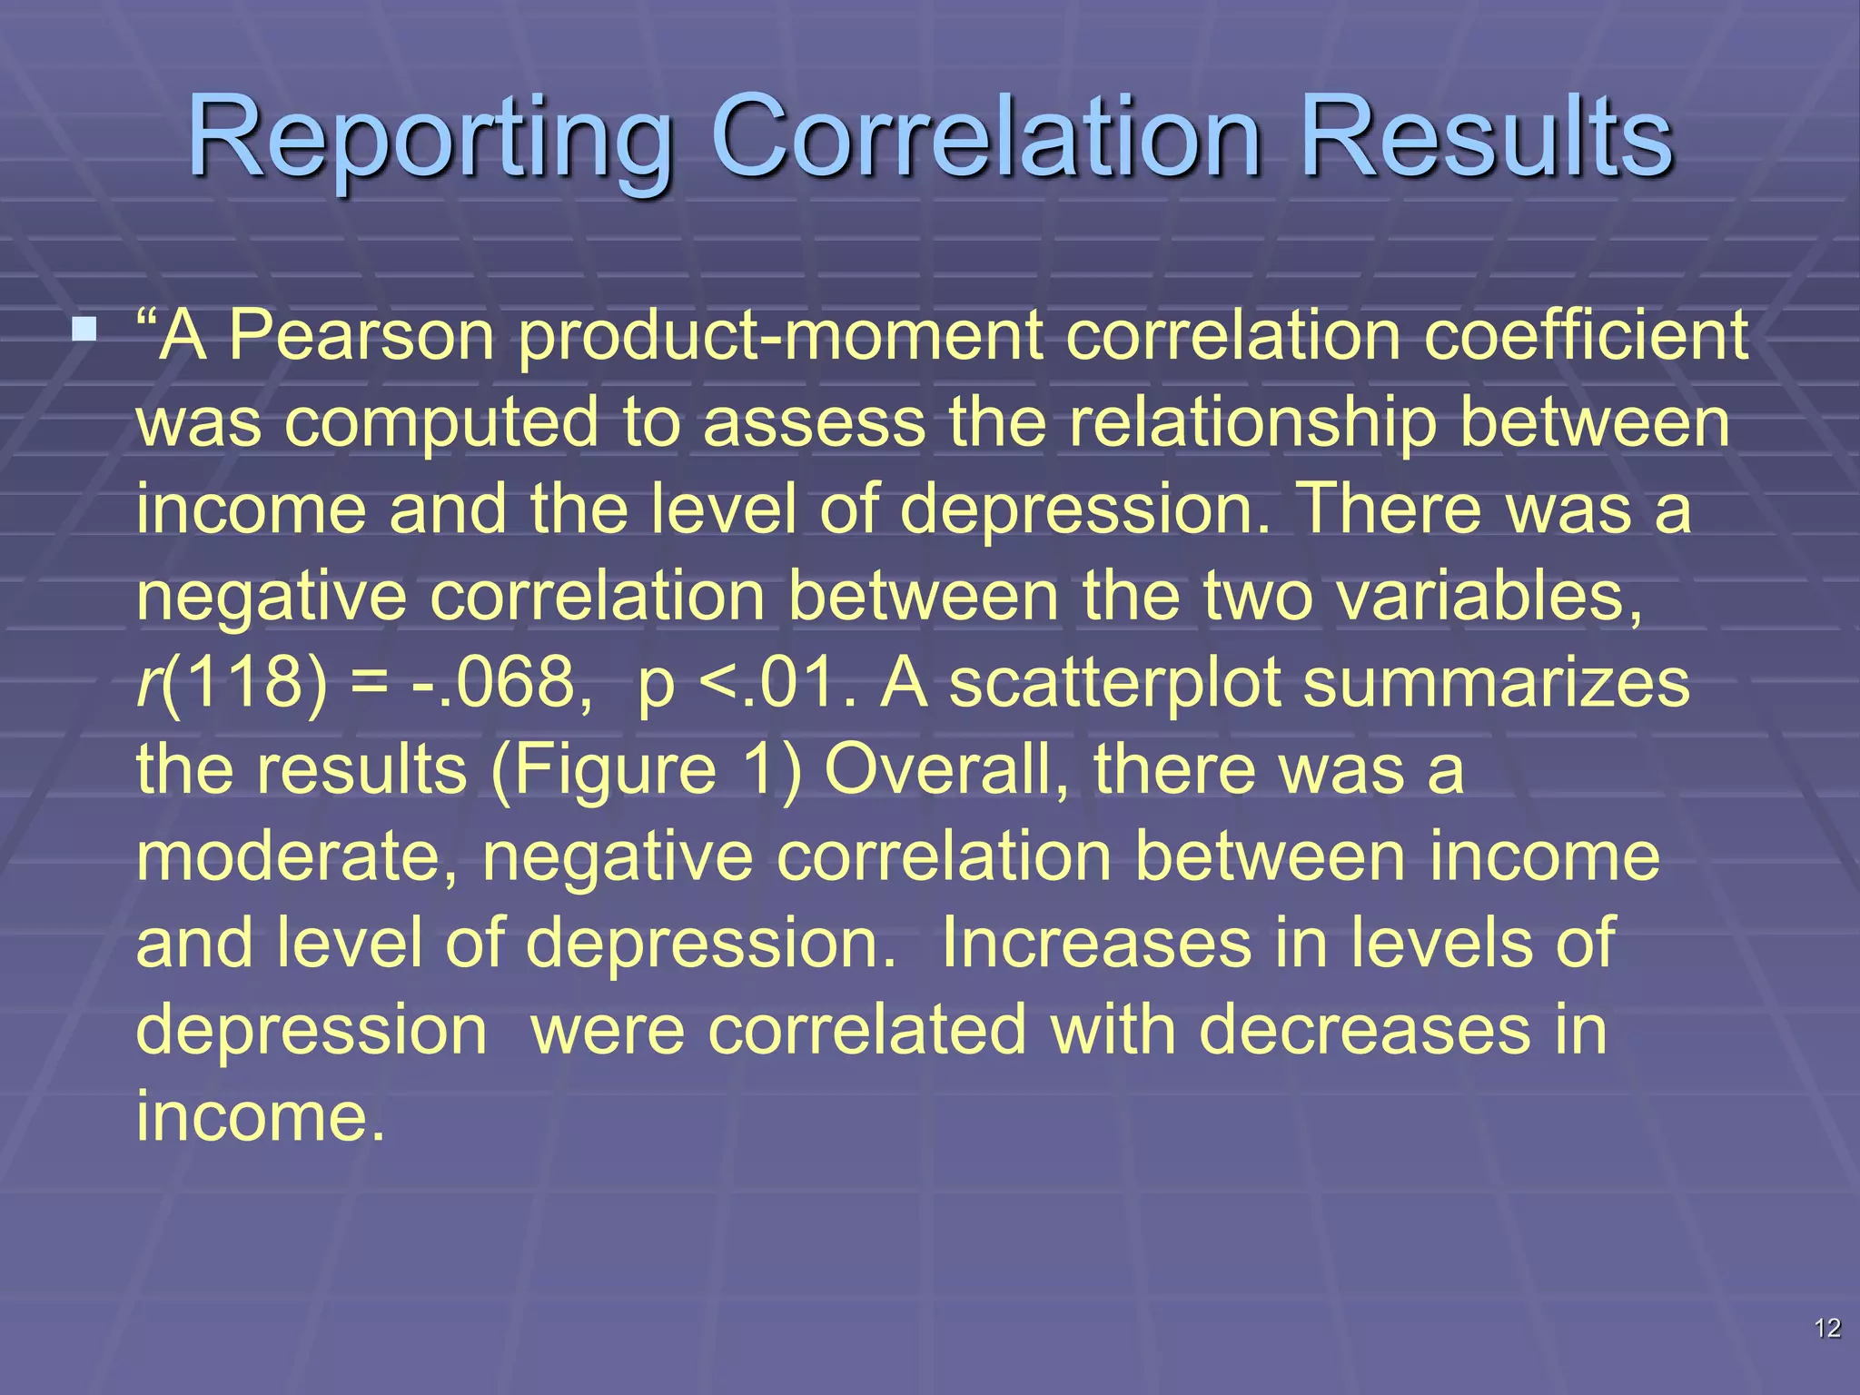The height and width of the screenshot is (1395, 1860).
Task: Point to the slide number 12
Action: (x=1826, y=1329)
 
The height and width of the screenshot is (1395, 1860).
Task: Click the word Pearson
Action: (x=361, y=335)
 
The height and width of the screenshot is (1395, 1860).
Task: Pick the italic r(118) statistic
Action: (x=231, y=683)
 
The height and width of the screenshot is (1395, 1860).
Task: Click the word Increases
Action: (x=1094, y=943)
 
